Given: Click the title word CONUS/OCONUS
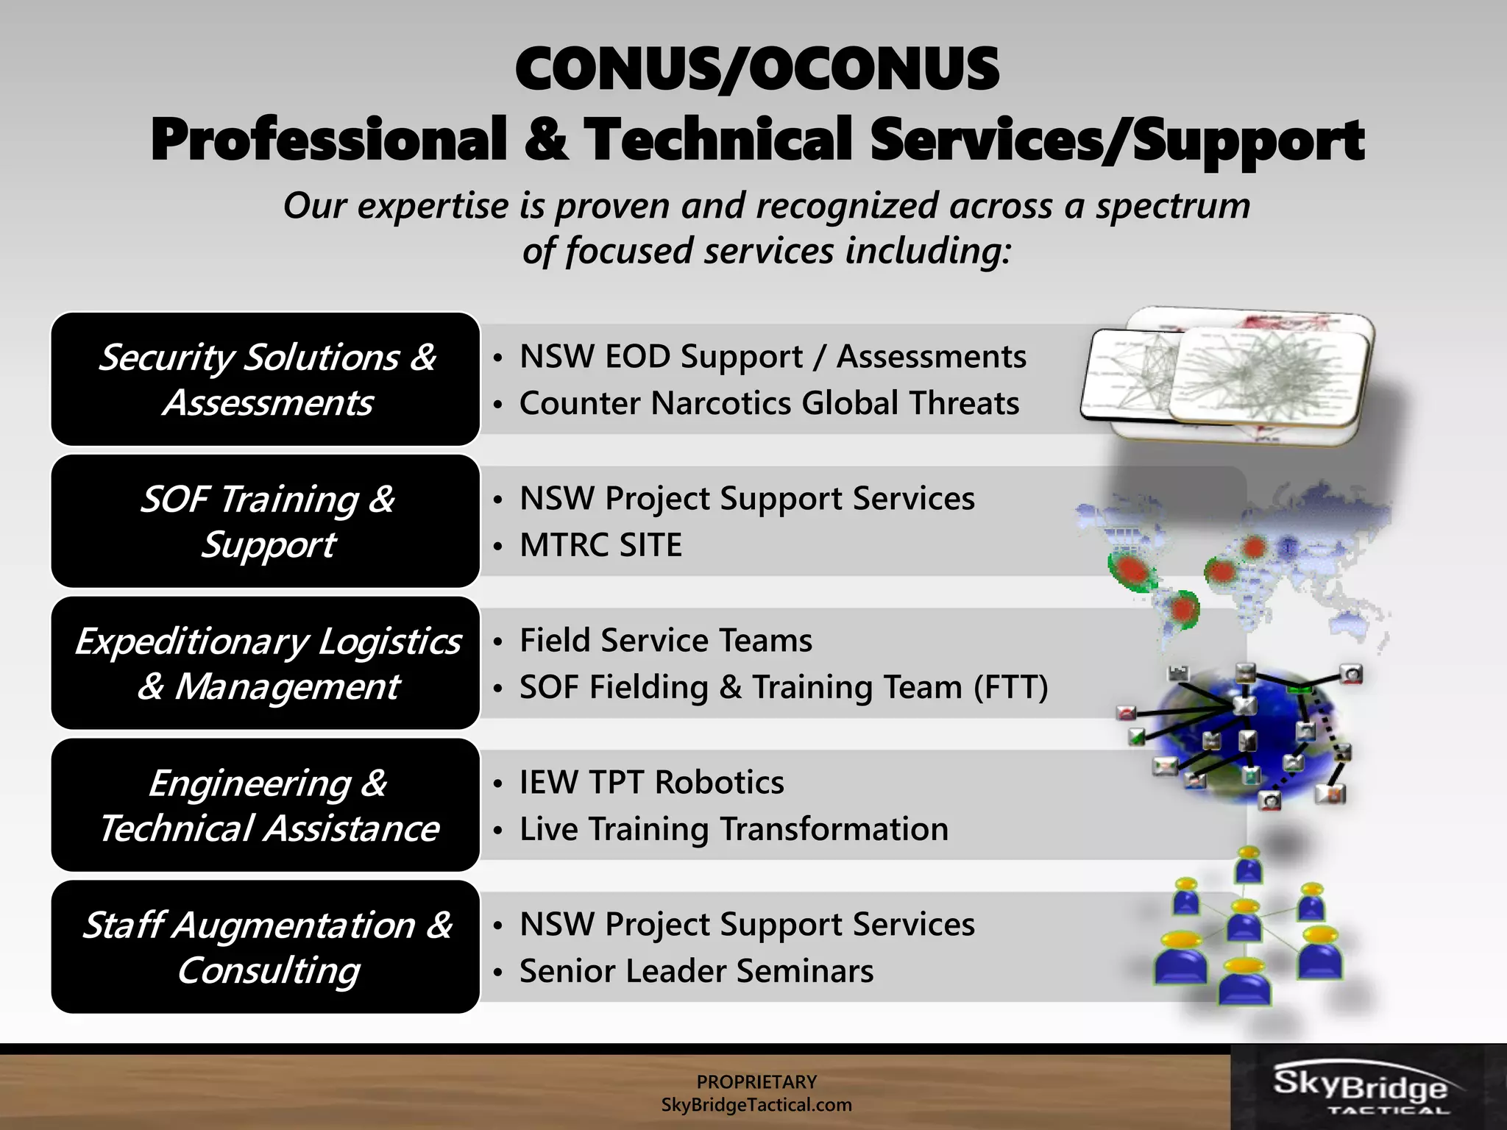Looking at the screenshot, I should [756, 69].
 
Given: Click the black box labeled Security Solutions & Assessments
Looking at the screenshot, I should [266, 379].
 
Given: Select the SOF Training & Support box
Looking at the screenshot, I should [266, 521].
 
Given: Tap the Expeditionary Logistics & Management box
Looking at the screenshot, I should [266, 663].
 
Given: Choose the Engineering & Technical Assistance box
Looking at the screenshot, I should [266, 805].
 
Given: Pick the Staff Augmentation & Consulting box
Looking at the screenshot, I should [266, 947].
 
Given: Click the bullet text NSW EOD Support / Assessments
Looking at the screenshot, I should [772, 357].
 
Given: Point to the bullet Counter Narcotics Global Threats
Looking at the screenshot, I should [769, 403].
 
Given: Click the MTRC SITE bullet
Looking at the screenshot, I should [600, 545].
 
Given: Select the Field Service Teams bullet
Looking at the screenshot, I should [665, 640].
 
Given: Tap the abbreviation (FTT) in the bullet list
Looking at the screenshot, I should [1010, 687].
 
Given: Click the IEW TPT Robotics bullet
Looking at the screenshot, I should [651, 782].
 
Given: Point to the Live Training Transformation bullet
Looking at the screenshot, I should [734, 829].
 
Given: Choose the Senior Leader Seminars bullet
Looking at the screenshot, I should [696, 971].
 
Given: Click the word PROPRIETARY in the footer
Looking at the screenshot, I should [756, 1081].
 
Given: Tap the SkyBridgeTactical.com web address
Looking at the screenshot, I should [756, 1105].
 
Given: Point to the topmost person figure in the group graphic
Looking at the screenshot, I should [1249, 864].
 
